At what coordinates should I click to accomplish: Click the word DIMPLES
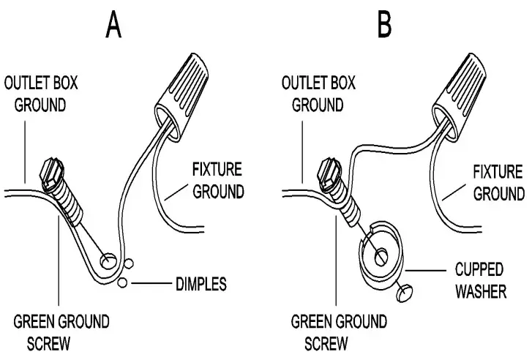tap(200, 282)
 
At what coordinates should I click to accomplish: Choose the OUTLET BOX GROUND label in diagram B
tap(318, 93)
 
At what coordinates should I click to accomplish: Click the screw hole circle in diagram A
tap(107, 260)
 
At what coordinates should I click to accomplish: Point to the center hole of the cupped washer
tap(381, 257)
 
